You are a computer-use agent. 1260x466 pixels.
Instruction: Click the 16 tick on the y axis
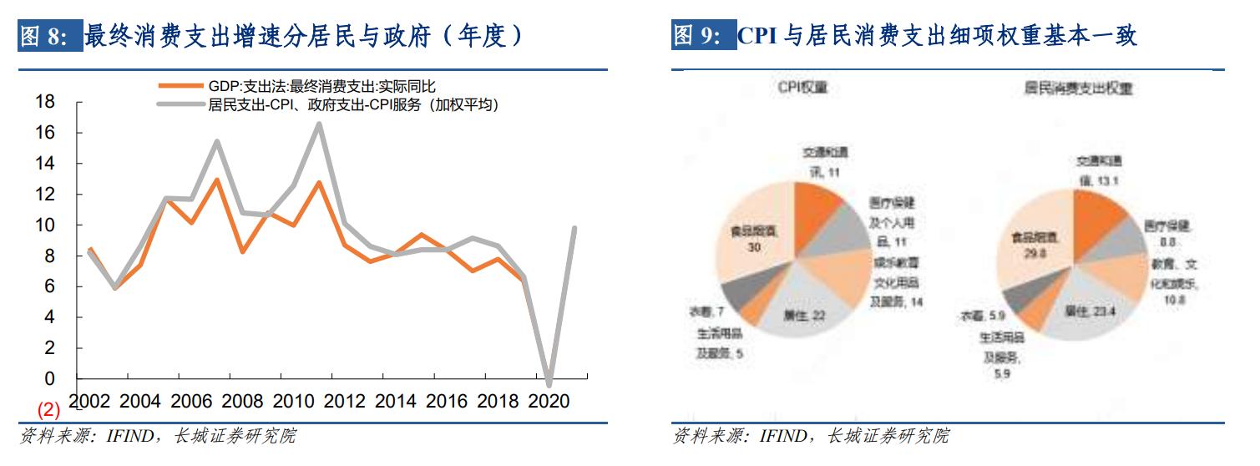pyautogui.click(x=45, y=133)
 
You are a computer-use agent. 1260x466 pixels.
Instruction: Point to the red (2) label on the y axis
pyautogui.click(x=49, y=410)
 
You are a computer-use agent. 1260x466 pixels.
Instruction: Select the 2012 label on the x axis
pyautogui.click(x=344, y=401)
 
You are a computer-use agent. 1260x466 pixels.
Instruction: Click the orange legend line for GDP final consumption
pyautogui.click(x=180, y=85)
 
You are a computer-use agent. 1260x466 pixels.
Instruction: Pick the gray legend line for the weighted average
pyautogui.click(x=180, y=104)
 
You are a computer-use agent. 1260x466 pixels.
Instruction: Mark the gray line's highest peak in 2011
pyautogui.click(x=319, y=124)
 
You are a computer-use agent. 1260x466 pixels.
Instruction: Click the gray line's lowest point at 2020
pyautogui.click(x=549, y=384)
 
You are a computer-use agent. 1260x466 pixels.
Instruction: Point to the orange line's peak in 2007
pyautogui.click(x=216, y=180)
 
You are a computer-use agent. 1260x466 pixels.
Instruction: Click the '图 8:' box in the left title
pyautogui.click(x=49, y=38)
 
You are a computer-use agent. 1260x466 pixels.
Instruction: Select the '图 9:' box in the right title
pyautogui.click(x=702, y=38)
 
